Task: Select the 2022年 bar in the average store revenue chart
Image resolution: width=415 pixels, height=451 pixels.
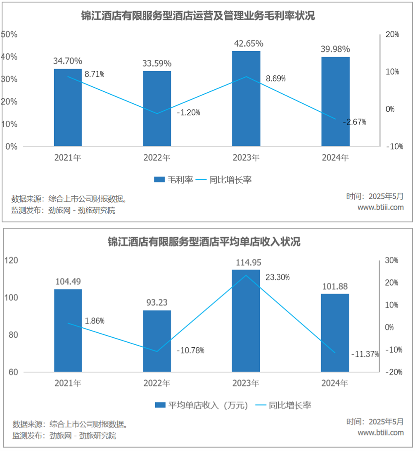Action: pos(157,341)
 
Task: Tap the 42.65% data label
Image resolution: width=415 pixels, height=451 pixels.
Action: pos(246,43)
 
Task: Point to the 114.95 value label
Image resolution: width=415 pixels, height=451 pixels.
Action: pos(246,262)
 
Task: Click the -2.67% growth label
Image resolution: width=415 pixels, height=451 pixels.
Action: pos(354,122)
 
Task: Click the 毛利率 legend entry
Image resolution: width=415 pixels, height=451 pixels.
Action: pos(173,180)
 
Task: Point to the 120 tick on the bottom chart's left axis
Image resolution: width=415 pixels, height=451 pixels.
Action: pos(11,260)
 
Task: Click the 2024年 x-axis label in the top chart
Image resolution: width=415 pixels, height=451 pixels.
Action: pos(335,158)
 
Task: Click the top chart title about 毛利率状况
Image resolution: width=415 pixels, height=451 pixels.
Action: pos(197,16)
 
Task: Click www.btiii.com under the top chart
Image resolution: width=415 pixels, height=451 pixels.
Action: pos(380,207)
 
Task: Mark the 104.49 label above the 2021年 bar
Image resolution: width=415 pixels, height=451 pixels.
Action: pos(68,282)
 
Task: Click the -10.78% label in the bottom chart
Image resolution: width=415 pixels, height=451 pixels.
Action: pos(190,351)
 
